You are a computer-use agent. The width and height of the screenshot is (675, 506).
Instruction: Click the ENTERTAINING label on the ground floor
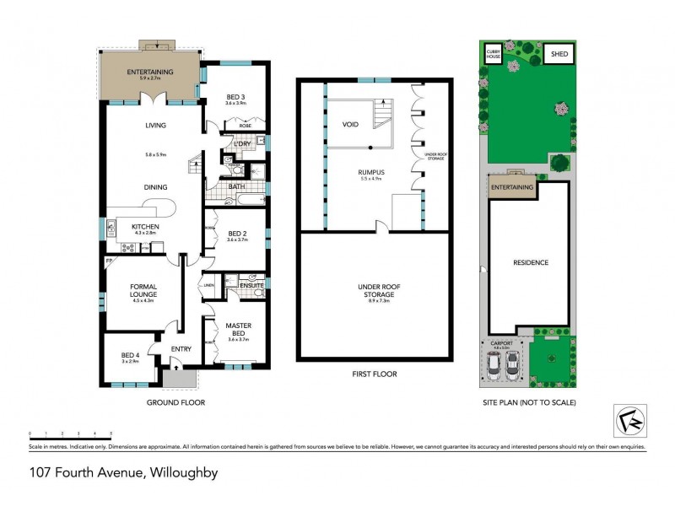coord(150,73)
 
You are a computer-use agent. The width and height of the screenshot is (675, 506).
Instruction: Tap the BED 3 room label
coord(235,98)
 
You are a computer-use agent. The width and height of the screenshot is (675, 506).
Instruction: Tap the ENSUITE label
coord(251,285)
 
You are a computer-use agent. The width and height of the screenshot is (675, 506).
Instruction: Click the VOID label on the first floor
coord(351,124)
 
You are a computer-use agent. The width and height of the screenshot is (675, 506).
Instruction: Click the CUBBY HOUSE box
coord(494,53)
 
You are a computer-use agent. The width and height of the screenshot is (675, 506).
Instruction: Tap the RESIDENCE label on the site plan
coord(532,262)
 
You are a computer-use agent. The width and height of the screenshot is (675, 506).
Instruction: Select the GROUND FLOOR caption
coord(175,403)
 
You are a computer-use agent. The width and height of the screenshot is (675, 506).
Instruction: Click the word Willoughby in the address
coord(183,473)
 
